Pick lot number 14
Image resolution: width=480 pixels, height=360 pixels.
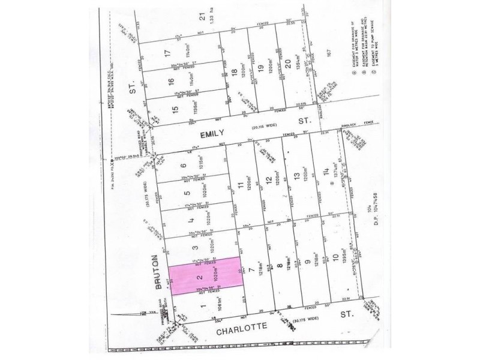point(325,172)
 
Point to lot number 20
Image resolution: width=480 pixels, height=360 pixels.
point(287,64)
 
